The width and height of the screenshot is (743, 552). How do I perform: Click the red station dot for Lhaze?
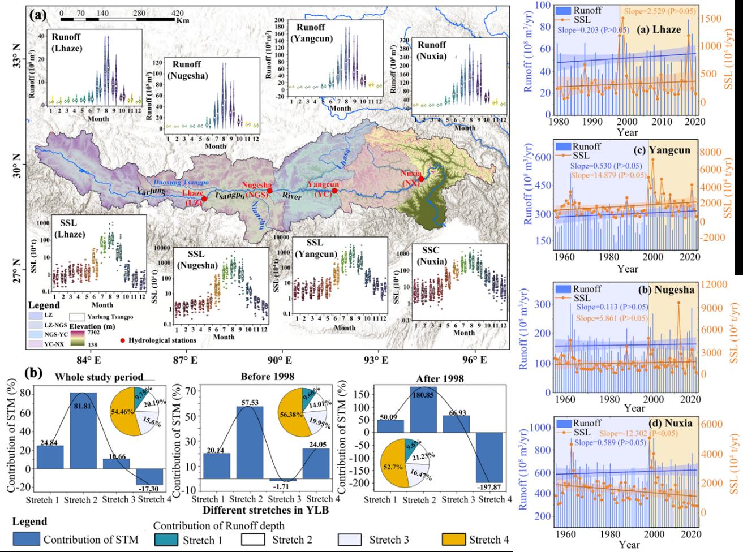[204, 199]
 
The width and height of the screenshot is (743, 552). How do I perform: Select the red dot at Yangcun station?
[335, 191]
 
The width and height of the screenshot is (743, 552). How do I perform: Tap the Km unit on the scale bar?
[182, 21]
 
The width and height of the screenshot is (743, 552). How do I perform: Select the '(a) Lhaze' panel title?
[658, 30]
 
